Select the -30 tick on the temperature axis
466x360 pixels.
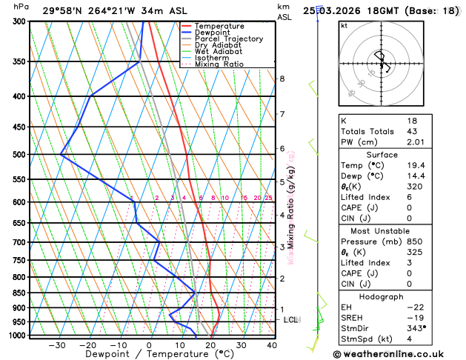[57, 345]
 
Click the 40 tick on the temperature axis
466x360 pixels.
[272, 345]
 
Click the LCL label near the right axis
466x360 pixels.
[291, 320]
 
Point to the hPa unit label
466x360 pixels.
[21, 7]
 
